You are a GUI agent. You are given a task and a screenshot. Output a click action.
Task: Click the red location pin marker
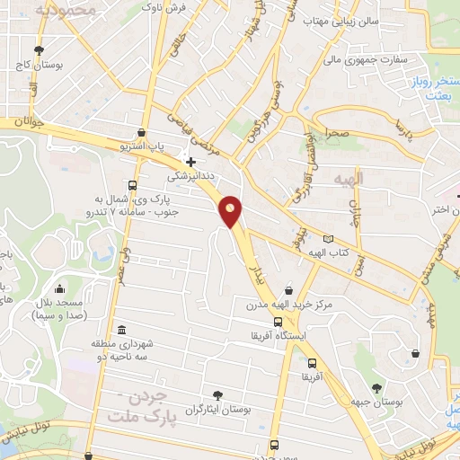[x=231, y=211]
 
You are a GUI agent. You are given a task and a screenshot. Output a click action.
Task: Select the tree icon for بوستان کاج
[x=38, y=50]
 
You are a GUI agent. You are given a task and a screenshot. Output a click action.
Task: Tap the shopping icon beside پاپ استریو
[x=141, y=132]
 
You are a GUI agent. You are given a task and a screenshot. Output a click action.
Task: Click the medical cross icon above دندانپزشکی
[x=190, y=161]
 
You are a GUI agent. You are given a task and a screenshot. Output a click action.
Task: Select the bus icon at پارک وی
[x=132, y=185]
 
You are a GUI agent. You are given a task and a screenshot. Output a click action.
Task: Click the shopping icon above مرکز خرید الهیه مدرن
[x=288, y=289]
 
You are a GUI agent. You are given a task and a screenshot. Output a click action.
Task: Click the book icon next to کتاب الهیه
[x=329, y=240]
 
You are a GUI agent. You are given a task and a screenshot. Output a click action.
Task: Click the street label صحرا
[x=338, y=133]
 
